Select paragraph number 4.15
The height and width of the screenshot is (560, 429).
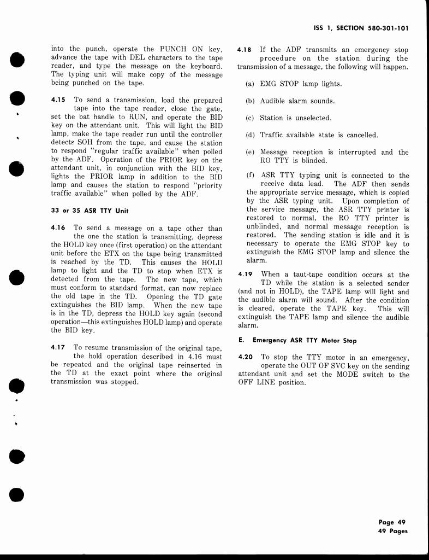click(57, 100)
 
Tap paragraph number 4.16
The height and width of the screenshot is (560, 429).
click(57, 227)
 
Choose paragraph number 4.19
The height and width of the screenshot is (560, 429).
click(246, 275)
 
